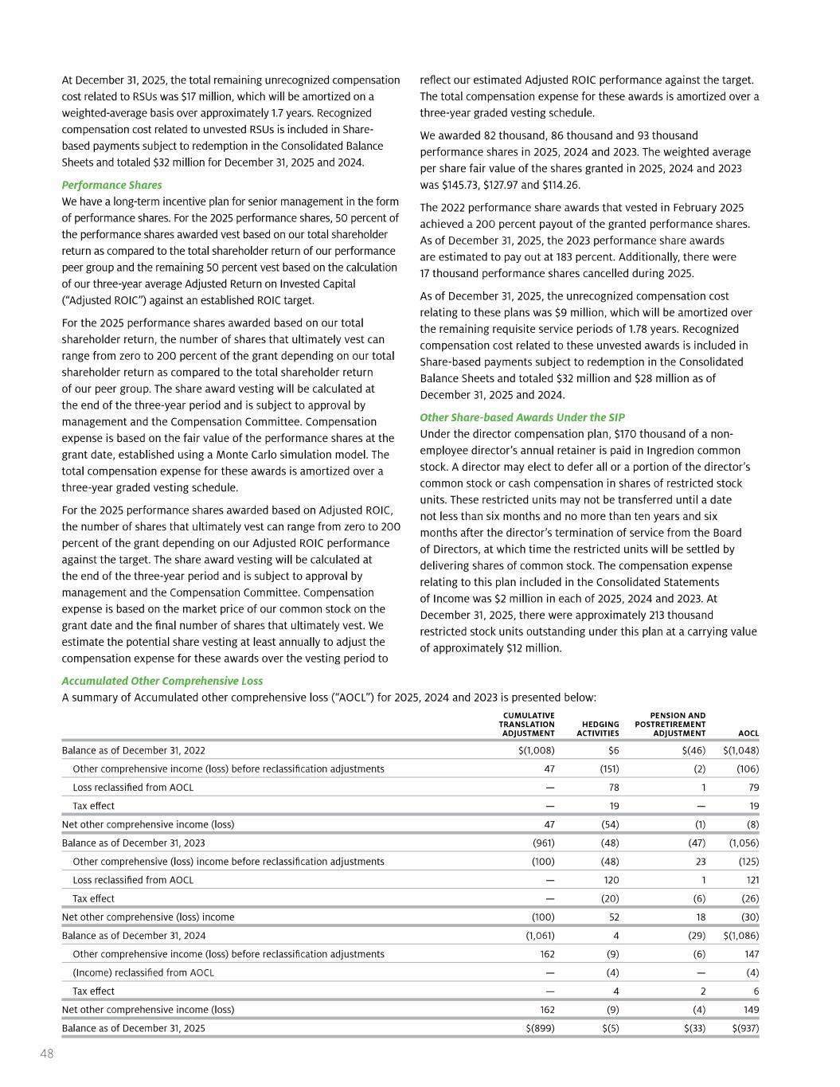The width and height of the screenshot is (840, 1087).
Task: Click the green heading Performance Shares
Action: coord(111,185)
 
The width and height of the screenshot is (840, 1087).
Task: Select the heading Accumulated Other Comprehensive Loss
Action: coord(162,681)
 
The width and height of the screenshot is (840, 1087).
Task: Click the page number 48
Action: coord(47,1054)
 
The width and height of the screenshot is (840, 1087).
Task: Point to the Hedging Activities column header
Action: coord(598,729)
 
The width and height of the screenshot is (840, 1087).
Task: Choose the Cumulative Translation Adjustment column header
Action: coord(526,724)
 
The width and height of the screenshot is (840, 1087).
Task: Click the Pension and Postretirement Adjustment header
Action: coord(670,724)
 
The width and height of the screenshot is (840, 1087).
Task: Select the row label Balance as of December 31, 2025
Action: coord(133,1028)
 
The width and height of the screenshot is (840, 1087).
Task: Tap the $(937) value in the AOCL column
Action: coord(744,1028)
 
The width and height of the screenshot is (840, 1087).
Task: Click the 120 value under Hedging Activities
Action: coord(610,880)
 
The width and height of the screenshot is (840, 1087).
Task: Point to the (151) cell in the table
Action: coord(609,768)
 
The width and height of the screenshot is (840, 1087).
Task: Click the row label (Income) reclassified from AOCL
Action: coord(143,972)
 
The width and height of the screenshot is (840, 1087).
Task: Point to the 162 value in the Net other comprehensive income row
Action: coord(546,1009)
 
